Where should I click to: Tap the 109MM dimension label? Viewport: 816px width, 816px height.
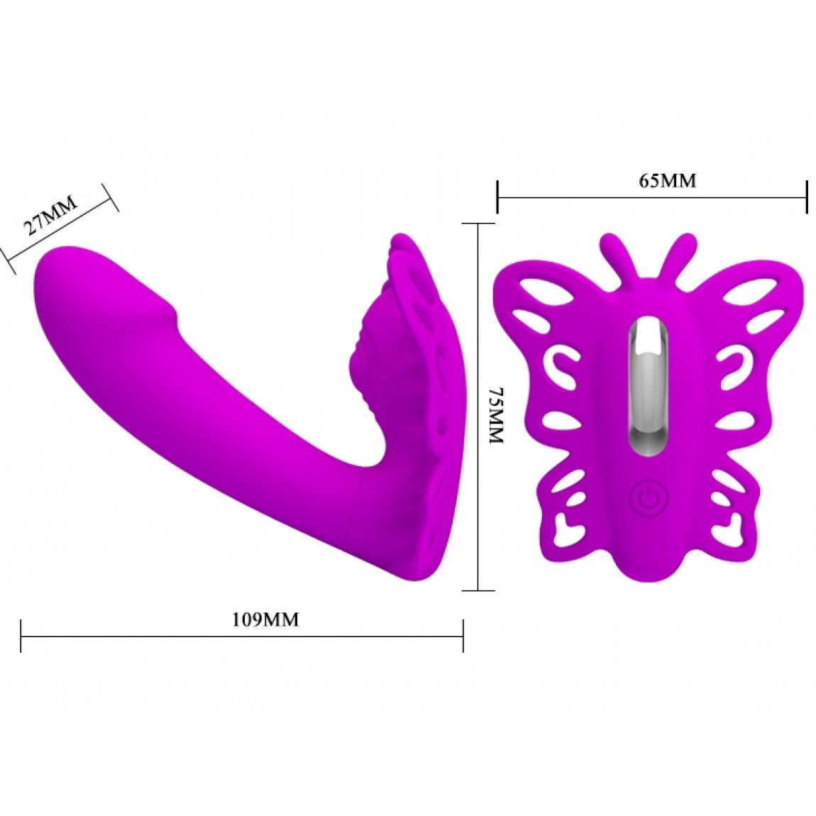265,619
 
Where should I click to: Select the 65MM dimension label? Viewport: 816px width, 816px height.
668,180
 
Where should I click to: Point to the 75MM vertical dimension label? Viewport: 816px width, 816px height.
497,415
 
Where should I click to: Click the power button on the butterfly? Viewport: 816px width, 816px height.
649,499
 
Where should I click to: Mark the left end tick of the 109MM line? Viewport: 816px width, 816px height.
21,636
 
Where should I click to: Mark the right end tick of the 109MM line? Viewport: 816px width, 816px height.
463,636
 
